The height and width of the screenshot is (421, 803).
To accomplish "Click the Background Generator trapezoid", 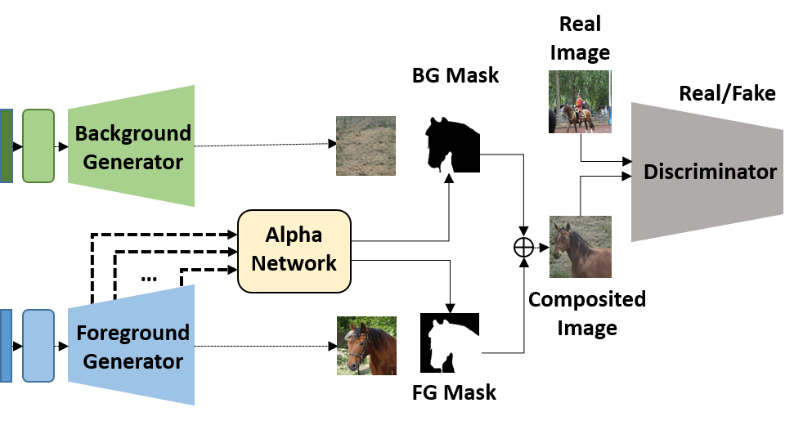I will (131, 146).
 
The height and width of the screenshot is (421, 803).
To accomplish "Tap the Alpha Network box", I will (294, 249).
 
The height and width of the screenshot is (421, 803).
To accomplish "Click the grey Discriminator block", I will (708, 172).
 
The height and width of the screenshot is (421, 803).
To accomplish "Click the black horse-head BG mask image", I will (452, 146).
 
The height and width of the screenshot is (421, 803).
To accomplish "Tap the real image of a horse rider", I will (579, 101).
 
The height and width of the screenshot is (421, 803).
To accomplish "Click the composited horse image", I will (580, 247).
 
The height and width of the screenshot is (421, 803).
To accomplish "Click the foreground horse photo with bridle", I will (366, 345).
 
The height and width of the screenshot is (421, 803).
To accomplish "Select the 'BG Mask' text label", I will (455, 77).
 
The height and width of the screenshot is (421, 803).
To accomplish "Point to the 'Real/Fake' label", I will (727, 93).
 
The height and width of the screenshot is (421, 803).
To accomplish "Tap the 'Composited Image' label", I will (586, 313).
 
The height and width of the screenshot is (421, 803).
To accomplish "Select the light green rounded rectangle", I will (38, 146).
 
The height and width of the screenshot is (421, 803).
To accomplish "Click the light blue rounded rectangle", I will (38, 346).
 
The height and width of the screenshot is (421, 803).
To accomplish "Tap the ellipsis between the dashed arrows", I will (148, 278).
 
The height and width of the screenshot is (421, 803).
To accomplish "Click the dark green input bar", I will (6, 146).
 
